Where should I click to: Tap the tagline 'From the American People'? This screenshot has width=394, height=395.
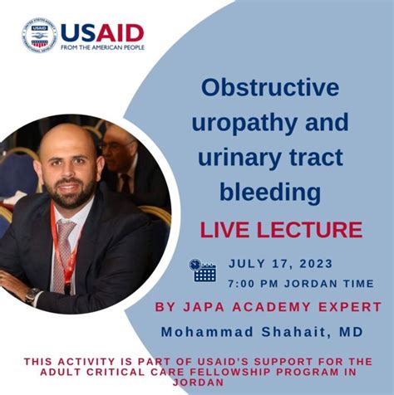[x=102, y=47]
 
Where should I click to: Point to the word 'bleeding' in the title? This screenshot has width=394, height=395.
[x=271, y=193]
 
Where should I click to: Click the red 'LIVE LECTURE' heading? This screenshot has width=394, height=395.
[x=280, y=229]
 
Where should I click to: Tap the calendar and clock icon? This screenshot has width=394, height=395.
[x=202, y=270]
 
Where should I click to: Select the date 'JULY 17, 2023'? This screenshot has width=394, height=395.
[x=280, y=263]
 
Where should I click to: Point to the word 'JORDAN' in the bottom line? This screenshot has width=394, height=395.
[x=197, y=383]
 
